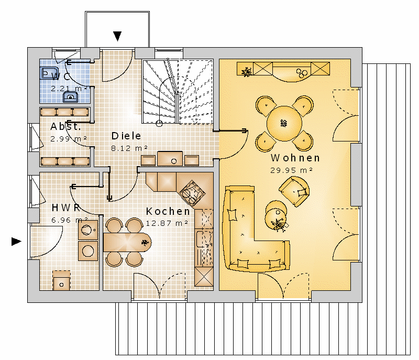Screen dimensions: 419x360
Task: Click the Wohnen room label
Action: (295, 158)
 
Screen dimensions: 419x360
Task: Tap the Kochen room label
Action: (168, 211)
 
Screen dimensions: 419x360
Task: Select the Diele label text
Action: (126, 136)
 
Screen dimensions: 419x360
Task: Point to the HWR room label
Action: (66, 208)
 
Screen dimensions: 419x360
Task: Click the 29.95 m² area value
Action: (291, 170)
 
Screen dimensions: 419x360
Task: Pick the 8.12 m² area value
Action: (129, 148)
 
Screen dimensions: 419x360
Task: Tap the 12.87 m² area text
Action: (167, 223)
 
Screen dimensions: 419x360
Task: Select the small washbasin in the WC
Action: (71, 97)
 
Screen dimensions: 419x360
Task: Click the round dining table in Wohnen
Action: (284, 124)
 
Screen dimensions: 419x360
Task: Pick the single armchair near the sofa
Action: (294, 191)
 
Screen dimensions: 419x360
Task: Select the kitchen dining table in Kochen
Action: (127, 242)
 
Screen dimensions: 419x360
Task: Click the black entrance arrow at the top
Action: (117, 36)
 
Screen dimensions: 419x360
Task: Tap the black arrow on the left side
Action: (16, 242)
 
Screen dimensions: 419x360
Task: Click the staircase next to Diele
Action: (178, 92)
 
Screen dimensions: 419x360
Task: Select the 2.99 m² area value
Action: (69, 139)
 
